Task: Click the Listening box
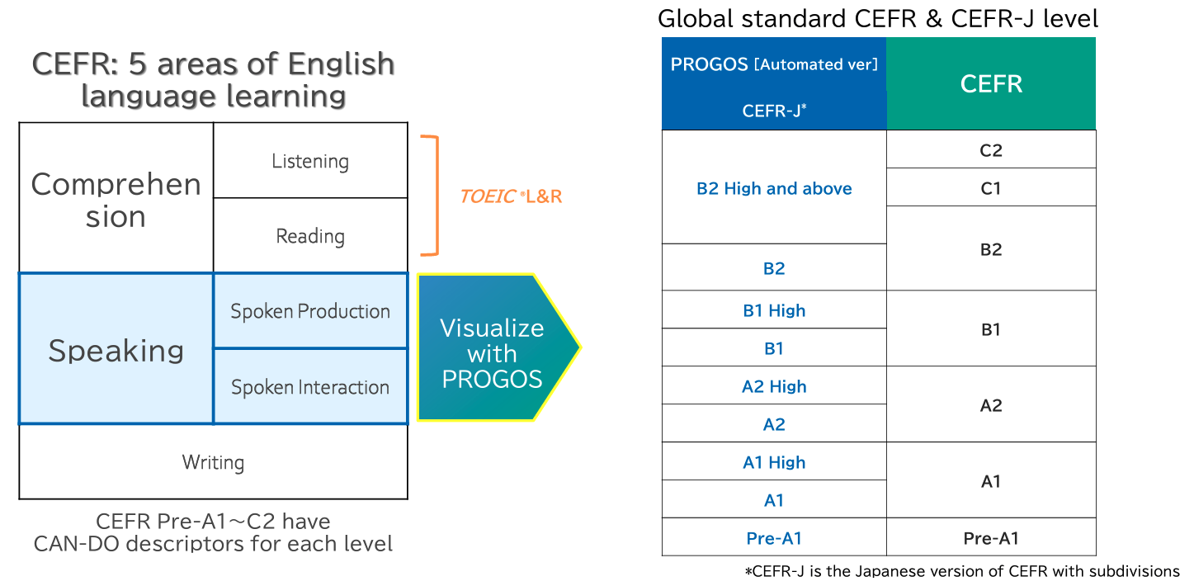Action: pos(310,160)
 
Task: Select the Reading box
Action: pos(310,235)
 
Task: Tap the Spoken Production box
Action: pos(310,311)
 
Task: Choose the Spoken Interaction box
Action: pos(310,386)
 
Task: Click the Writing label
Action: pos(213,462)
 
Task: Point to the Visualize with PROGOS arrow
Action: pos(498,347)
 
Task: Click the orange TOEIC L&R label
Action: pos(511,196)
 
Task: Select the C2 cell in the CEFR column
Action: pos(991,150)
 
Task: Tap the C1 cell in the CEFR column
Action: pos(991,187)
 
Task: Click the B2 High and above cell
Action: pos(774,187)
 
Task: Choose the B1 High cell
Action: pos(774,310)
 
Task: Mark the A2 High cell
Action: pos(774,385)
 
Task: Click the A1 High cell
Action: pos(774,461)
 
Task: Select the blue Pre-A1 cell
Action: pos(774,537)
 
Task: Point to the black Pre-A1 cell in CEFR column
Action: pos(991,537)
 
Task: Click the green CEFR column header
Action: pos(991,83)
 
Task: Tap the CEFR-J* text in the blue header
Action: pos(774,111)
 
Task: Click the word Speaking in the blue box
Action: pos(116,351)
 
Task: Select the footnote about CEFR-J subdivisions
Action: pos(962,571)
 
